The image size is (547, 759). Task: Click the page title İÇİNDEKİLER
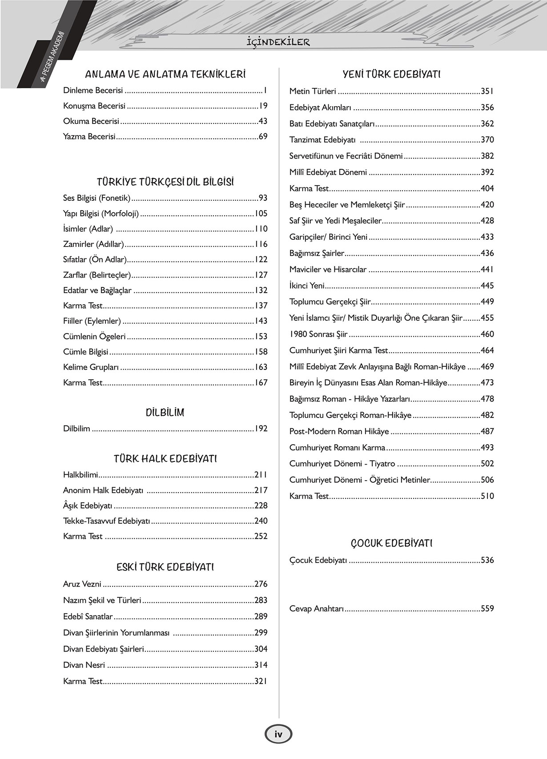278,42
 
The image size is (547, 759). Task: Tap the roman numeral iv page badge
278,734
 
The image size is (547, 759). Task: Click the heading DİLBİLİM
165,413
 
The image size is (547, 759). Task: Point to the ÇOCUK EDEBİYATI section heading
391,543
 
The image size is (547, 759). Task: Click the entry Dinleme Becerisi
93,91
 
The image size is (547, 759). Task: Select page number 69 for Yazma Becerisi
263,136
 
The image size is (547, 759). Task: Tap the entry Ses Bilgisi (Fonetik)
97,198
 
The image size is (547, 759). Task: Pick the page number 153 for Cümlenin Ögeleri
261,337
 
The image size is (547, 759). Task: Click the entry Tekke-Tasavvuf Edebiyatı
106,521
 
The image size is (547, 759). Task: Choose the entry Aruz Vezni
82,584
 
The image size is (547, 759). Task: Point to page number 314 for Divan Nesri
261,665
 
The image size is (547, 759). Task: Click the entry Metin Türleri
313,91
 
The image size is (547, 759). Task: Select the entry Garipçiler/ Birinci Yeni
328,237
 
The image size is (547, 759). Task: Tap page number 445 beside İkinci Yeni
487,286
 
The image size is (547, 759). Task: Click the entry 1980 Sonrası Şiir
318,334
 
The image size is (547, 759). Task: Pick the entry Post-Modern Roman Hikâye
339,431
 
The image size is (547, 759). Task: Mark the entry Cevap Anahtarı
317,608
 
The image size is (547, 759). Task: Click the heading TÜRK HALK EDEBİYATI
165,459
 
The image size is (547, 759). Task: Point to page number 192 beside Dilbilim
261,429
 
